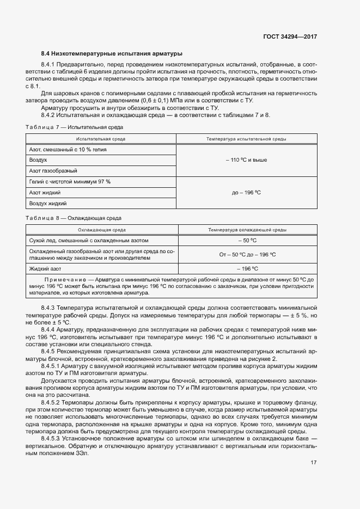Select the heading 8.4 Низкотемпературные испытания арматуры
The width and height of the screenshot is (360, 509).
[x=112, y=53]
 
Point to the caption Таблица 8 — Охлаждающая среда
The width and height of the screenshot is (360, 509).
[x=74, y=218]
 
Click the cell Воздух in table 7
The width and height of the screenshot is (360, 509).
[x=38, y=160]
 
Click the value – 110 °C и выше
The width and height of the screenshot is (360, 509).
[x=246, y=160]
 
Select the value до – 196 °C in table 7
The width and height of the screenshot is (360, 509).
[x=246, y=193]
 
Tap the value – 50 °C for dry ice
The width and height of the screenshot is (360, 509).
[x=246, y=240]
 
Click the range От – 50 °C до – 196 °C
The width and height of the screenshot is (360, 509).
[x=246, y=254]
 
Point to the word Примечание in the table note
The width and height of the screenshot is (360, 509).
[x=61, y=279]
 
